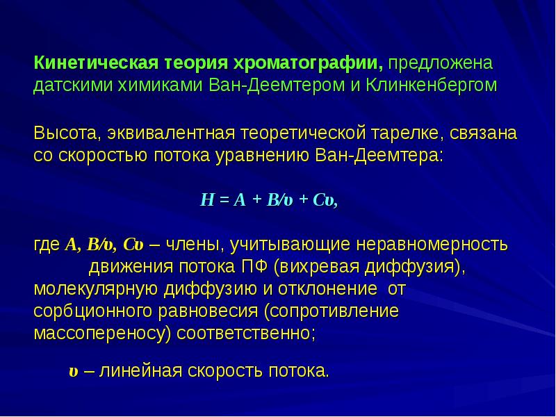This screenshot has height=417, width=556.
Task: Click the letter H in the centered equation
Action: [205, 200]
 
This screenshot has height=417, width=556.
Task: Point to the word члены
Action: [192, 245]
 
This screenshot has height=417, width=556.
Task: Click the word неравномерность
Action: [432, 245]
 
